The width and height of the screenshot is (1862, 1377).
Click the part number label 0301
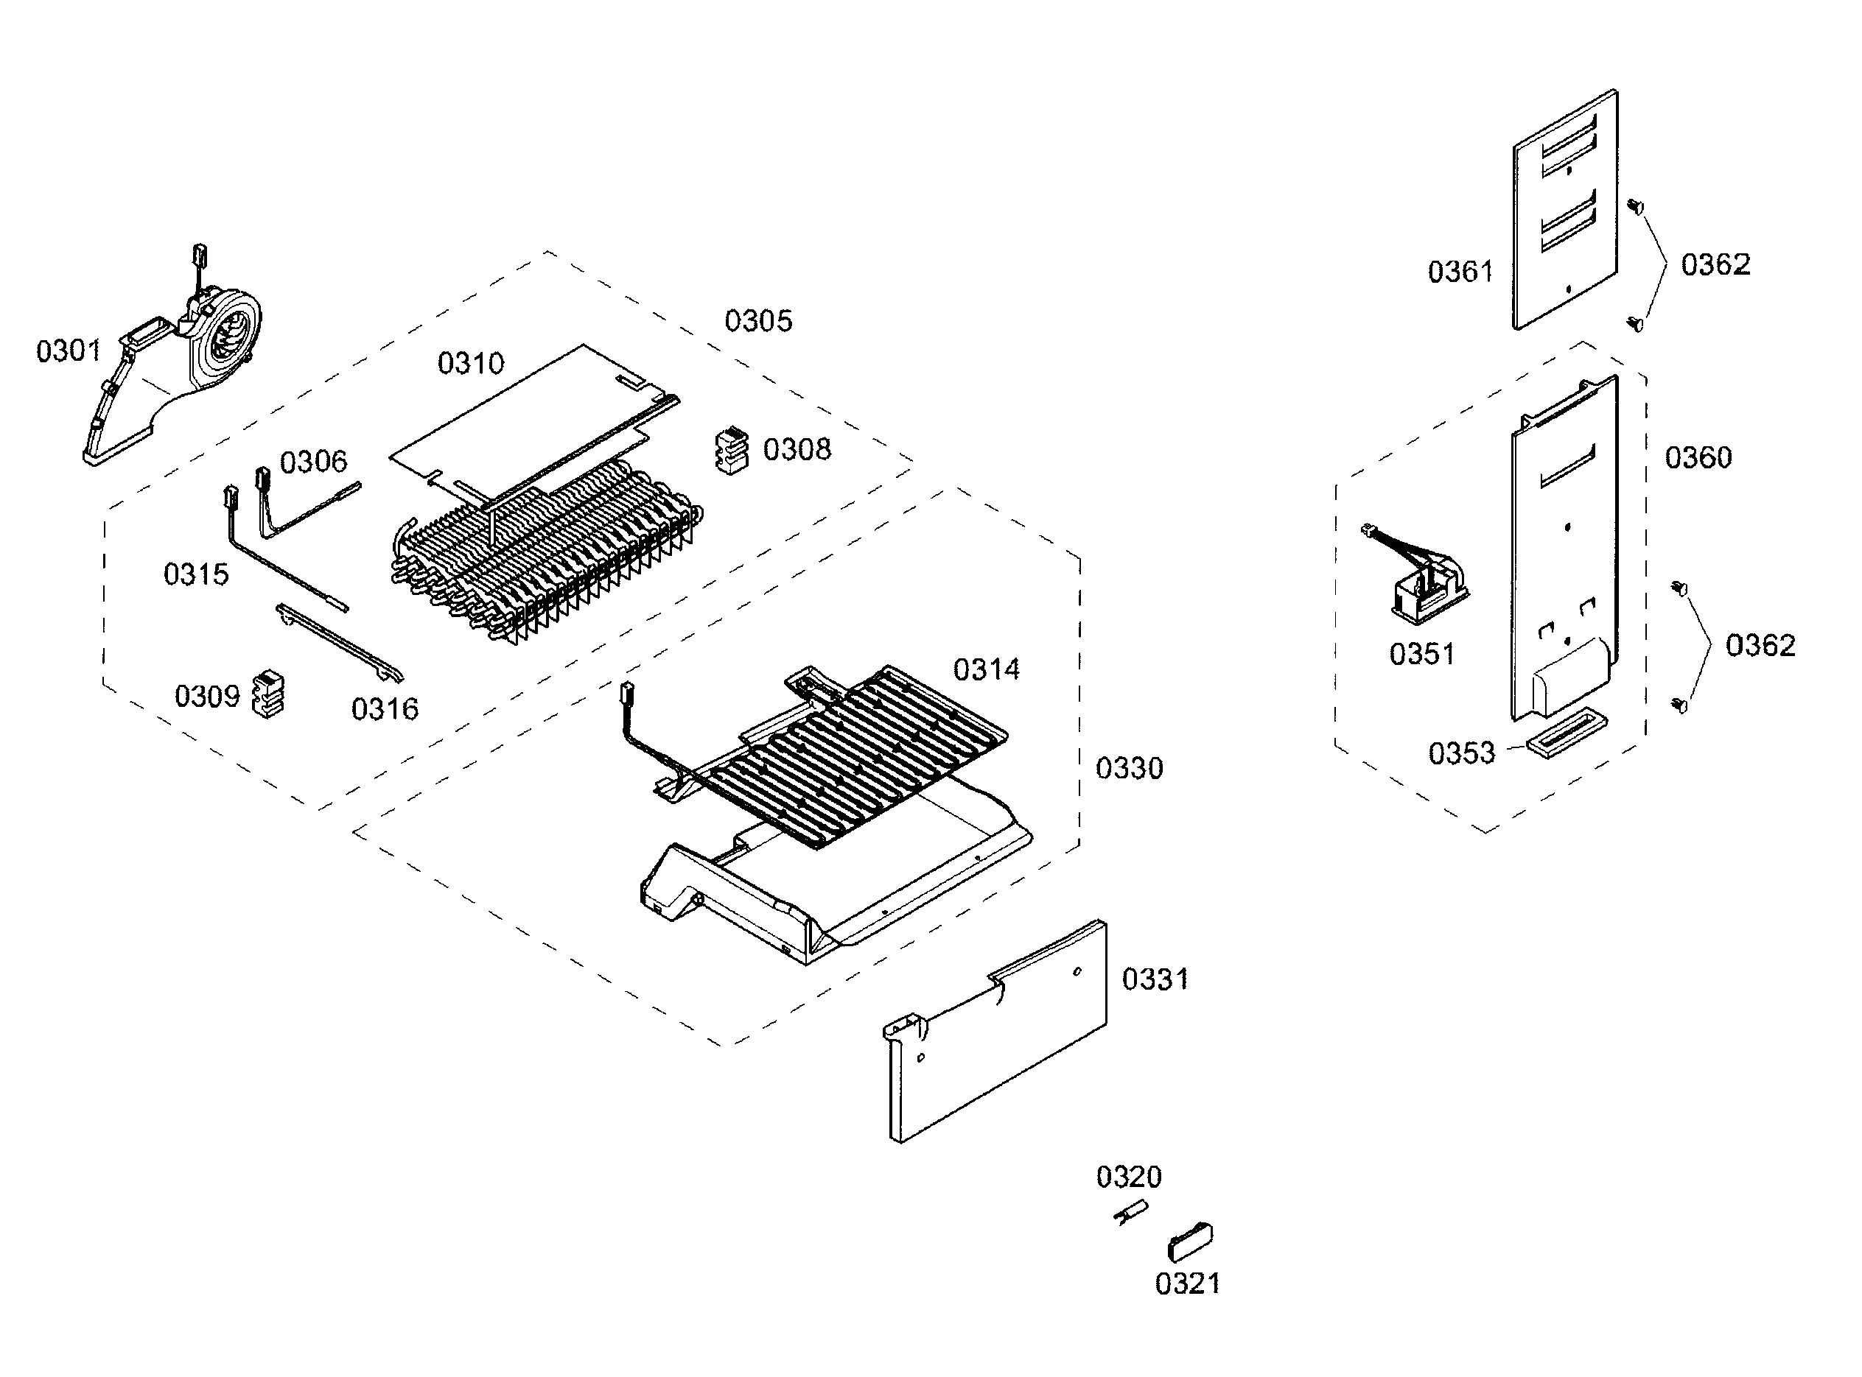[69, 351]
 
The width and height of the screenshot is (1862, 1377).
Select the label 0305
[758, 320]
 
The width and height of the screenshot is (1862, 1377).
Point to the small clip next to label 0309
[267, 694]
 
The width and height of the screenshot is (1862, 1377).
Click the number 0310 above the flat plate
[470, 362]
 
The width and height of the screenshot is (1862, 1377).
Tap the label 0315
[196, 574]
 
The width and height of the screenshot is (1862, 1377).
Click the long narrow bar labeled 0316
[340, 642]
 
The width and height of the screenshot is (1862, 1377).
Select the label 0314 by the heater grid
[987, 669]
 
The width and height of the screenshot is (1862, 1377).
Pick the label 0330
[1129, 768]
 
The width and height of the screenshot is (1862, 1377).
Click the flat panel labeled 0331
[995, 1031]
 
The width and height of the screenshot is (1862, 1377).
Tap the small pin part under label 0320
[1130, 1213]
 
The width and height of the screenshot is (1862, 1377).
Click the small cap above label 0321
[1190, 1242]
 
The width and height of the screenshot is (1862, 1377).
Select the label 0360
[1698, 457]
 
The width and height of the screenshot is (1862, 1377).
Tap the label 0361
[1460, 271]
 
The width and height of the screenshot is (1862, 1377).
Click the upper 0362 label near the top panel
[1715, 264]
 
